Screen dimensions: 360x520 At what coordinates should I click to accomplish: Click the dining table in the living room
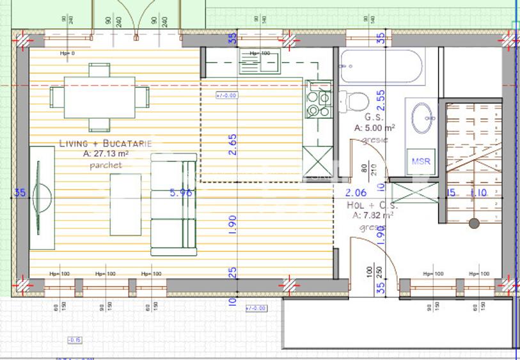point(99,98)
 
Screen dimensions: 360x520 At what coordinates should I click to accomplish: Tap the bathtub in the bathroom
point(381,67)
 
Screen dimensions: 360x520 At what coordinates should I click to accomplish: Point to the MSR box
point(421,160)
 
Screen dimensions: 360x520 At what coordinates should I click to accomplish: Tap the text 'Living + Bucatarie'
point(106,144)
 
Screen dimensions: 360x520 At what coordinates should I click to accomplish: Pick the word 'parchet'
point(106,165)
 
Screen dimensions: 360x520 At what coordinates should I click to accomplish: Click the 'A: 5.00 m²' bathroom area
point(374,128)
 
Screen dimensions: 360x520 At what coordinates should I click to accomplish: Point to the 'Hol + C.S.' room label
point(372,206)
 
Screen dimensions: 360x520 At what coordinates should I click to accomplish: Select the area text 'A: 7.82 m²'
point(373,216)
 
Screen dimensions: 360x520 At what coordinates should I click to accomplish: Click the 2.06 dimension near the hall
point(356,192)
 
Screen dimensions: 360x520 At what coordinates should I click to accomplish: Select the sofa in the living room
point(173,205)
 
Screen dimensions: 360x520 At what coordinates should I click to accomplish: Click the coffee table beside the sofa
point(125,205)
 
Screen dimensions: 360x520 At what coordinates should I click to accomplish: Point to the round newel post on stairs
point(474,223)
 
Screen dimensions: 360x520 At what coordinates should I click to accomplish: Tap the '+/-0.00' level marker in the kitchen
point(226,96)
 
